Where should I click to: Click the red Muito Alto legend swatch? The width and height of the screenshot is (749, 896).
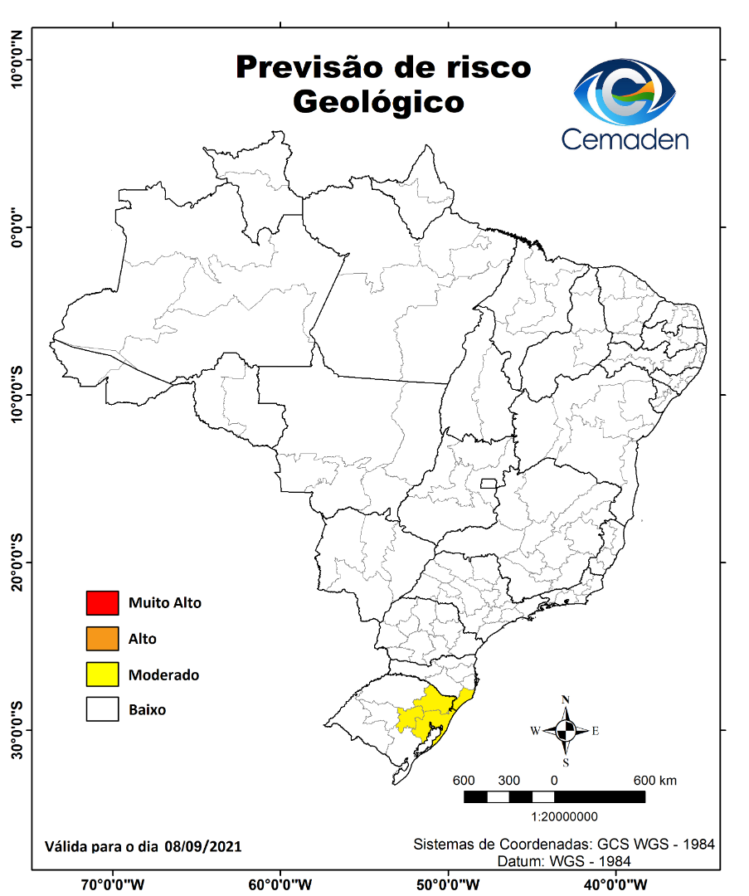click(102, 603)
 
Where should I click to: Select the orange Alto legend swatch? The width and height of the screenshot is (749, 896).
click(102, 639)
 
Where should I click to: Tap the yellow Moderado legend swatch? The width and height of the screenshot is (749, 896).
click(102, 674)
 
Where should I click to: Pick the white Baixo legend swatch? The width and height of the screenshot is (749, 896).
click(102, 710)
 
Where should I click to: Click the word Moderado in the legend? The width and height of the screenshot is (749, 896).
click(163, 675)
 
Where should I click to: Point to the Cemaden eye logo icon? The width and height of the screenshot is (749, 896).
click(625, 90)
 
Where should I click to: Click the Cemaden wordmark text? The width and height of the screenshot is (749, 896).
click(625, 139)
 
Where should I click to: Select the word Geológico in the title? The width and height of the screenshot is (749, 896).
click(378, 102)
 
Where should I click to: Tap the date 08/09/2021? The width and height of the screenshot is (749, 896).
click(203, 847)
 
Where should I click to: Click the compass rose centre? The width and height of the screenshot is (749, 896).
click(565, 731)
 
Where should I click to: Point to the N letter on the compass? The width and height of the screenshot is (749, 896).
click(565, 699)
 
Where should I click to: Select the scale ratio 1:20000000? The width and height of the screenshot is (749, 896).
click(553, 816)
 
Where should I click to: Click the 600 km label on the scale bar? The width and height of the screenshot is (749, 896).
click(655, 781)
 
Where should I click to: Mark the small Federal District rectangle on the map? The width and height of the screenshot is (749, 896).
click(489, 484)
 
